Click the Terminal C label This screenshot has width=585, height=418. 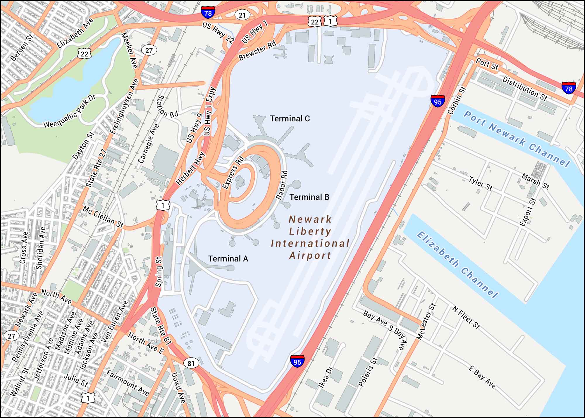290,118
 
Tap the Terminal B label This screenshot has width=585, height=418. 309,197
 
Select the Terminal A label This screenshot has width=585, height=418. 228,259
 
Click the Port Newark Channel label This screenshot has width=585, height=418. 517,139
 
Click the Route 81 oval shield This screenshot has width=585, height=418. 191,363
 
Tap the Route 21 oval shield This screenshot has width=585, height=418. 242,15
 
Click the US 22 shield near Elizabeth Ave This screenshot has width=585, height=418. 85,54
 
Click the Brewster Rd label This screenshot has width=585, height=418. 257,51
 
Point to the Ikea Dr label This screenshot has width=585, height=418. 325,377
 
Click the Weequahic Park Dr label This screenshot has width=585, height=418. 70,112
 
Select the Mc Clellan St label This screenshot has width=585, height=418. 103,217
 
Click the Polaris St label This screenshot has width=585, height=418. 368,372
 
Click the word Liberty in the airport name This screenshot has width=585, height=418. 310,231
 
